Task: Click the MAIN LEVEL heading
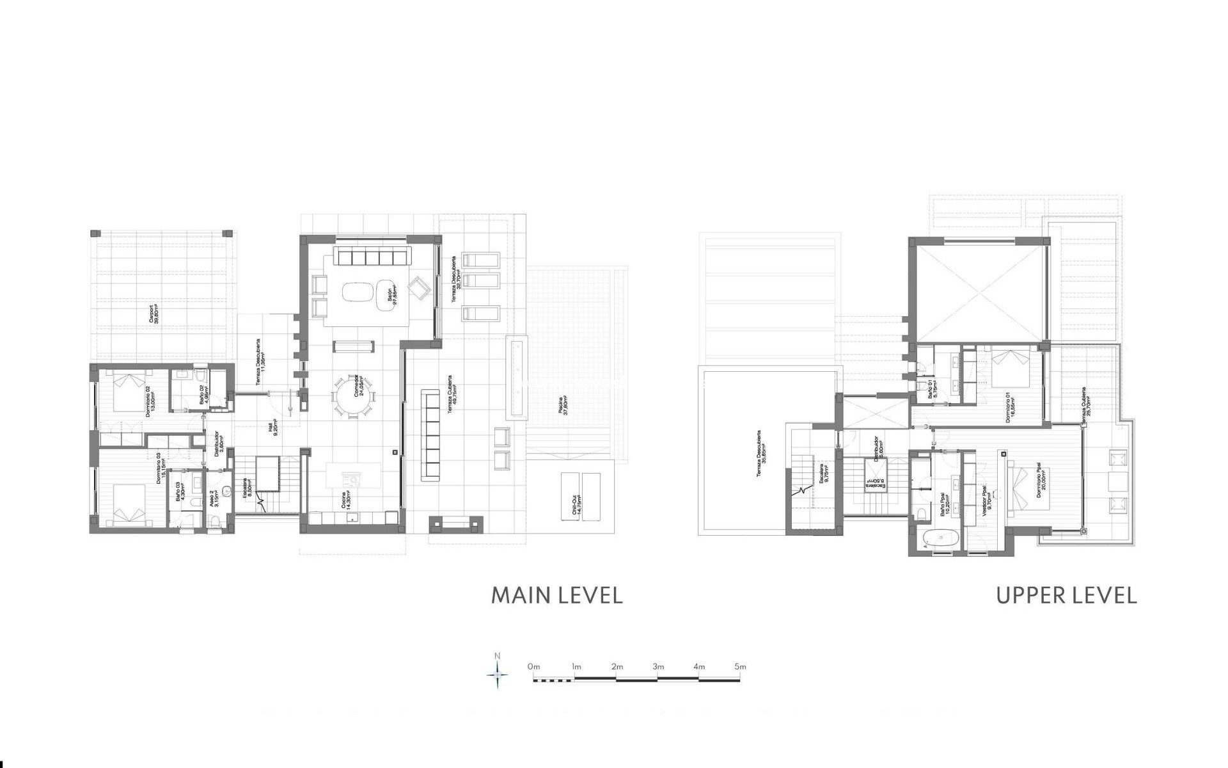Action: tap(556, 595)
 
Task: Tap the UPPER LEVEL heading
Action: tap(1066, 595)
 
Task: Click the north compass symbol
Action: tap(498, 674)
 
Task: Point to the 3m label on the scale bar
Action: tap(658, 667)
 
